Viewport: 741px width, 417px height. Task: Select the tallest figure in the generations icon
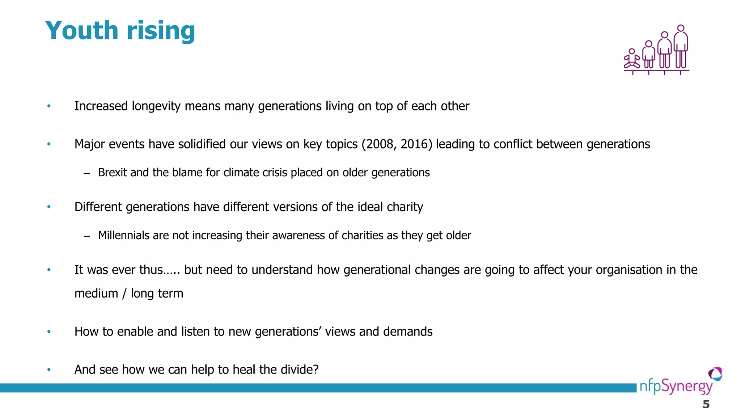point(681,47)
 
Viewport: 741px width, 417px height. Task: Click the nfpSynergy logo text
point(676,387)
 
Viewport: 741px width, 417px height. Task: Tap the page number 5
point(706,405)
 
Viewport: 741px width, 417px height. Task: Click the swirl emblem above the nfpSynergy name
point(715,374)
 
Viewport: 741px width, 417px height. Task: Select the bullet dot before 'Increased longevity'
point(49,106)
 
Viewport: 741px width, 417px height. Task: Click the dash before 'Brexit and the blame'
point(86,173)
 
